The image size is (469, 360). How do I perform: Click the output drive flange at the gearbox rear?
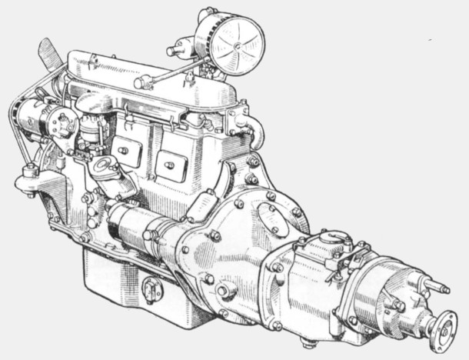click(444, 329)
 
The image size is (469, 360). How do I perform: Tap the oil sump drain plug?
click(152, 289)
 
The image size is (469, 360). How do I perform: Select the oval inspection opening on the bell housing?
click(273, 219)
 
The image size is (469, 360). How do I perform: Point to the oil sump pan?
click(131, 285)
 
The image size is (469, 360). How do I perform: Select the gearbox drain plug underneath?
click(308, 341)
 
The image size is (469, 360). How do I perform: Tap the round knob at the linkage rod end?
click(139, 82)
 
